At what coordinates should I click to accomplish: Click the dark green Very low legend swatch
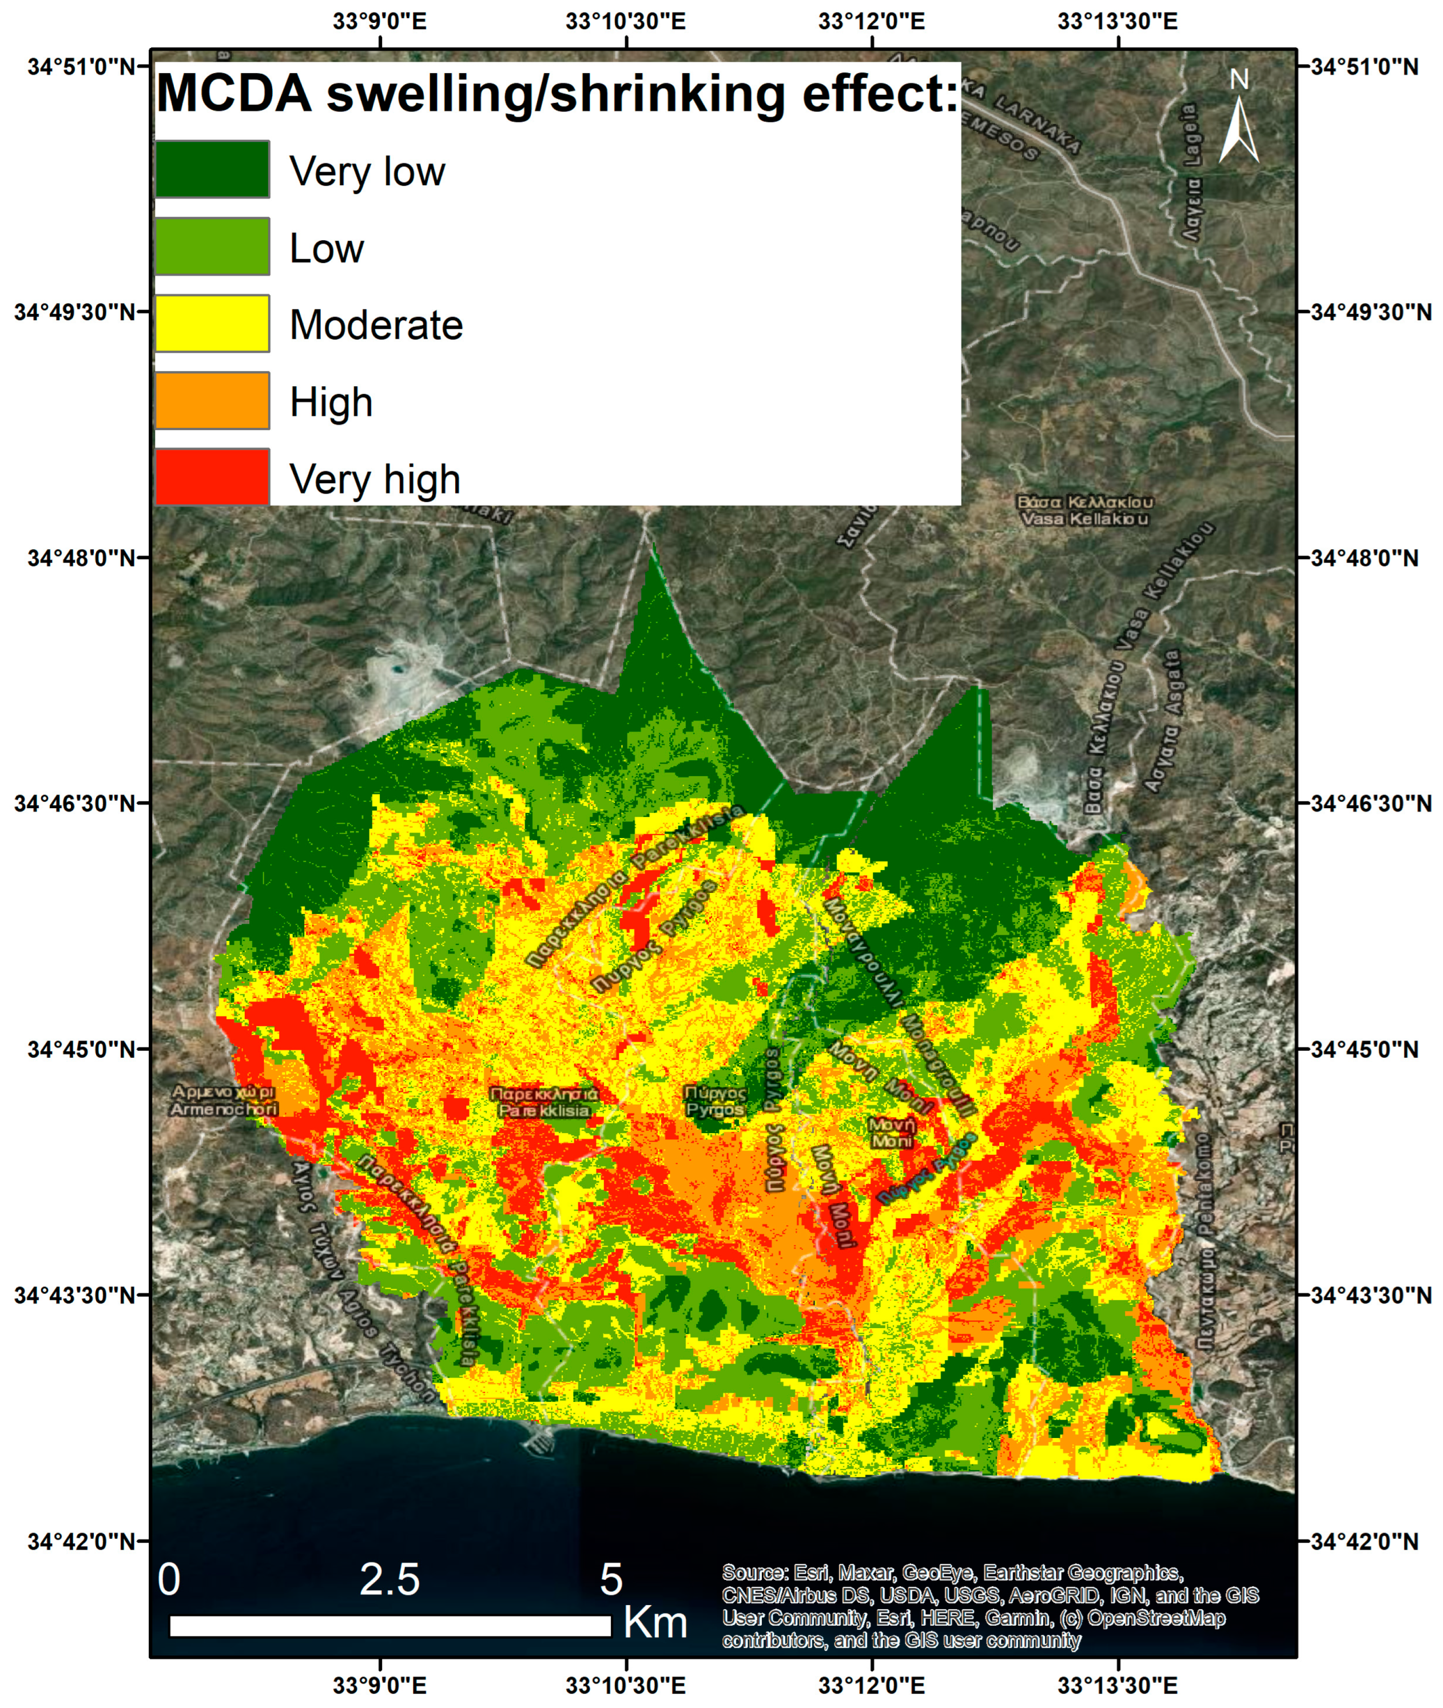[212, 169]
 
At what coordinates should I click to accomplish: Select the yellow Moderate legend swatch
[212, 323]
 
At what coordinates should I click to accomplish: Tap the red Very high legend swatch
[212, 477]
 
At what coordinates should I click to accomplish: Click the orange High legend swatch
[212, 400]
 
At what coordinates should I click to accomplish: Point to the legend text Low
[327, 248]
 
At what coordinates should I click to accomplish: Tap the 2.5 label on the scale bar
[389, 1579]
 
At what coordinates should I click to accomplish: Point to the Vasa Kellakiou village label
[1085, 510]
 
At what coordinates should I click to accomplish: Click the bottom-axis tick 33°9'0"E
[380, 1685]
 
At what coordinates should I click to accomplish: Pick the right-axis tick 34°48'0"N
[1365, 558]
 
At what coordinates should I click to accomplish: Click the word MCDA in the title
[234, 93]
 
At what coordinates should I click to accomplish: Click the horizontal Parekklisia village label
[544, 1102]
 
